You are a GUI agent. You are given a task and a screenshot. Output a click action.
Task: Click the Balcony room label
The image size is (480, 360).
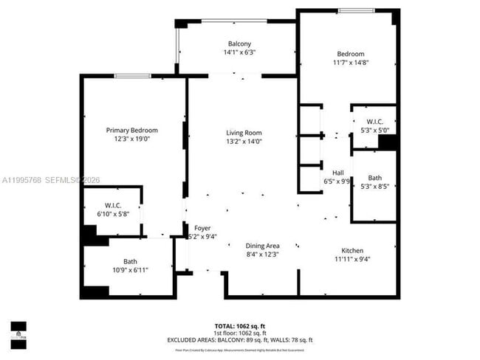pyautogui.click(x=239, y=44)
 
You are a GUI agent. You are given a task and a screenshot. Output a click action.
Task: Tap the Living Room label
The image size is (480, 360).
pyautogui.click(x=244, y=133)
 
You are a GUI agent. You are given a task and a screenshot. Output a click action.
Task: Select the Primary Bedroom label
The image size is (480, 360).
pyautogui.click(x=132, y=130)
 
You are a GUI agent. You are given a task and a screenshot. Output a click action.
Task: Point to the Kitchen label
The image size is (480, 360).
pyautogui.click(x=352, y=250)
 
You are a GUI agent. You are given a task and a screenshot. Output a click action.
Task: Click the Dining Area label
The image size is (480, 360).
pyautogui.click(x=262, y=246)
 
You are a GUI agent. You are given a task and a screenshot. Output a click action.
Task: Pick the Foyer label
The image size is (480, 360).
pyautogui.click(x=202, y=228)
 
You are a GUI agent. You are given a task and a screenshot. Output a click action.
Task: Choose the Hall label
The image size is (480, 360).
pyautogui.click(x=337, y=173)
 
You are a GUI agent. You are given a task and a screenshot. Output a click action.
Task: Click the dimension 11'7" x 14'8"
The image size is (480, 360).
pyautogui.click(x=351, y=63)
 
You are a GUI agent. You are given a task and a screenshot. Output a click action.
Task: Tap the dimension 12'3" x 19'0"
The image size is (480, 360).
pyautogui.click(x=132, y=139)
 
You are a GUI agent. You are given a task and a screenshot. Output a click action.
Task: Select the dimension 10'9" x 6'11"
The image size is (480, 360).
pyautogui.click(x=130, y=270)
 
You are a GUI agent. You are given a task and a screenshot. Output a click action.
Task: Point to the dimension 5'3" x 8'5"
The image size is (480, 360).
pyautogui.click(x=374, y=187)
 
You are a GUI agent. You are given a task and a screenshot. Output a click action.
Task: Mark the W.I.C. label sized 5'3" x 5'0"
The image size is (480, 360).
pyautogui.click(x=374, y=122)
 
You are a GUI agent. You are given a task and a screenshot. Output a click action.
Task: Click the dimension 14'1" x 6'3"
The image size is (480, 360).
pyautogui.click(x=239, y=52)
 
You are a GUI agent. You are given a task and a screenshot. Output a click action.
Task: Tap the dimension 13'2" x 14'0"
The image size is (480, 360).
pyautogui.click(x=244, y=142)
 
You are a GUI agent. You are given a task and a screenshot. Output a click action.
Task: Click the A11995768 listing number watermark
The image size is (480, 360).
pyautogui.click(x=21, y=179)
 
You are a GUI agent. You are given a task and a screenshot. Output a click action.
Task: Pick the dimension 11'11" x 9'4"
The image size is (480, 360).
pyautogui.click(x=352, y=259)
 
